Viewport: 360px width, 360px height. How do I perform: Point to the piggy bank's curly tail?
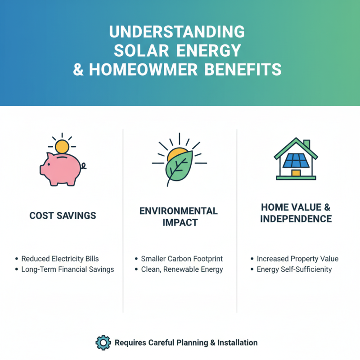(84, 166)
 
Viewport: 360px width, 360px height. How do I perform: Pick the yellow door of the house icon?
(296, 173)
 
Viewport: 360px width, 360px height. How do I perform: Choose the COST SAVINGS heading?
(63, 216)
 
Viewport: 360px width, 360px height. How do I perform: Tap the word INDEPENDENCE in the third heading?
(297, 219)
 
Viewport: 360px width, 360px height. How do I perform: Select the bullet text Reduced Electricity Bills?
(66, 259)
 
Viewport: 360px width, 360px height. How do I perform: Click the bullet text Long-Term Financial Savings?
(67, 270)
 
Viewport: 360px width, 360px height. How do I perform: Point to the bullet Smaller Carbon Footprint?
(182, 259)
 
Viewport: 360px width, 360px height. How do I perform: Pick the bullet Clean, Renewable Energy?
(182, 270)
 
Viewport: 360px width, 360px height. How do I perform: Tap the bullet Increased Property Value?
(297, 259)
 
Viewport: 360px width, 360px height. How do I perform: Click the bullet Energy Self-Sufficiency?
(294, 270)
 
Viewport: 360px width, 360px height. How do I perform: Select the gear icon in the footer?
(103, 342)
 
